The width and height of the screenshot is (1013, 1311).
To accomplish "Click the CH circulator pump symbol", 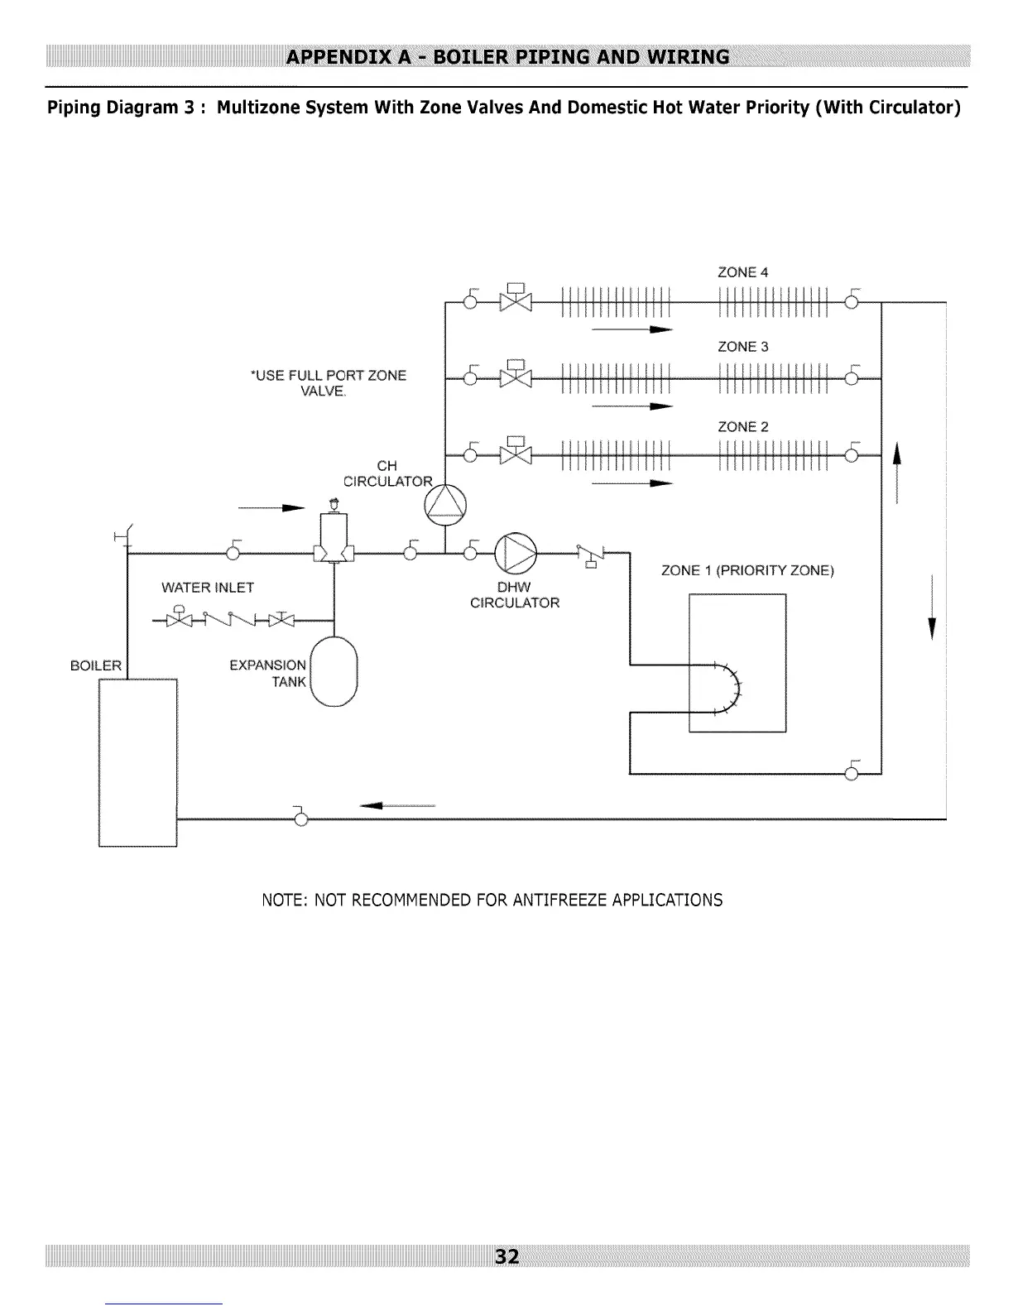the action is tap(445, 505).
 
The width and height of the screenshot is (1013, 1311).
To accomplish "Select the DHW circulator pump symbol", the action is tap(516, 553).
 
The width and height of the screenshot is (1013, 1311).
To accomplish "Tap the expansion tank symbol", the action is tap(334, 671).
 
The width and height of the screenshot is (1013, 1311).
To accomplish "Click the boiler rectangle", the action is tap(138, 762).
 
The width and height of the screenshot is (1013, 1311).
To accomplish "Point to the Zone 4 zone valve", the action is tap(516, 297).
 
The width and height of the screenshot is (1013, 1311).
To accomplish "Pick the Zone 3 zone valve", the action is tap(516, 374).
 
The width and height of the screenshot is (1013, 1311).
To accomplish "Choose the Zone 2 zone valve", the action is tap(516, 451).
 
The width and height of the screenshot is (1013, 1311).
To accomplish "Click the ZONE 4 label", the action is tap(742, 272).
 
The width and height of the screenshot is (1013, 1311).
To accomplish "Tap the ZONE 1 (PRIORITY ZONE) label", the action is tap(747, 570).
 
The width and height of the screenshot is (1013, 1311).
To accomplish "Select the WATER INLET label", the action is tap(208, 587).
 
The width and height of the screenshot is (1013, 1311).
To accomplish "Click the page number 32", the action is tap(506, 1256).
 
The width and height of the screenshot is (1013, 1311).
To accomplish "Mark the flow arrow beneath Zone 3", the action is tap(632, 406).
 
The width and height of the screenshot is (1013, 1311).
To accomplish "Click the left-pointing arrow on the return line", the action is tap(397, 805).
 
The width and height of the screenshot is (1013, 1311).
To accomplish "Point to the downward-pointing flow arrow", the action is tap(932, 607).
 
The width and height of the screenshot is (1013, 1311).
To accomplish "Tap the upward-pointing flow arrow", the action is tap(897, 473).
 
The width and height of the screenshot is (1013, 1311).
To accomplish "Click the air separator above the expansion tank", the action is tap(334, 534).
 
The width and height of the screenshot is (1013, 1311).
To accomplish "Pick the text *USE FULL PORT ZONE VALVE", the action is tap(329, 383).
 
